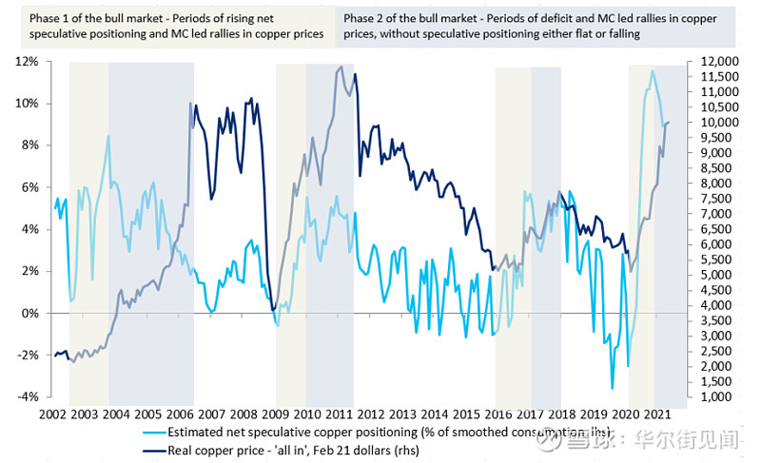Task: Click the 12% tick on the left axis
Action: coord(26,61)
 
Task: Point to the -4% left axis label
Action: coord(26,396)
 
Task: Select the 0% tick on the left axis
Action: coord(29,313)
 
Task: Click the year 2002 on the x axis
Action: coord(52,415)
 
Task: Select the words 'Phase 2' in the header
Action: coord(362,19)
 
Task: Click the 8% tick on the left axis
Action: coord(29,145)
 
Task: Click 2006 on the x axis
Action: coord(181,415)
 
